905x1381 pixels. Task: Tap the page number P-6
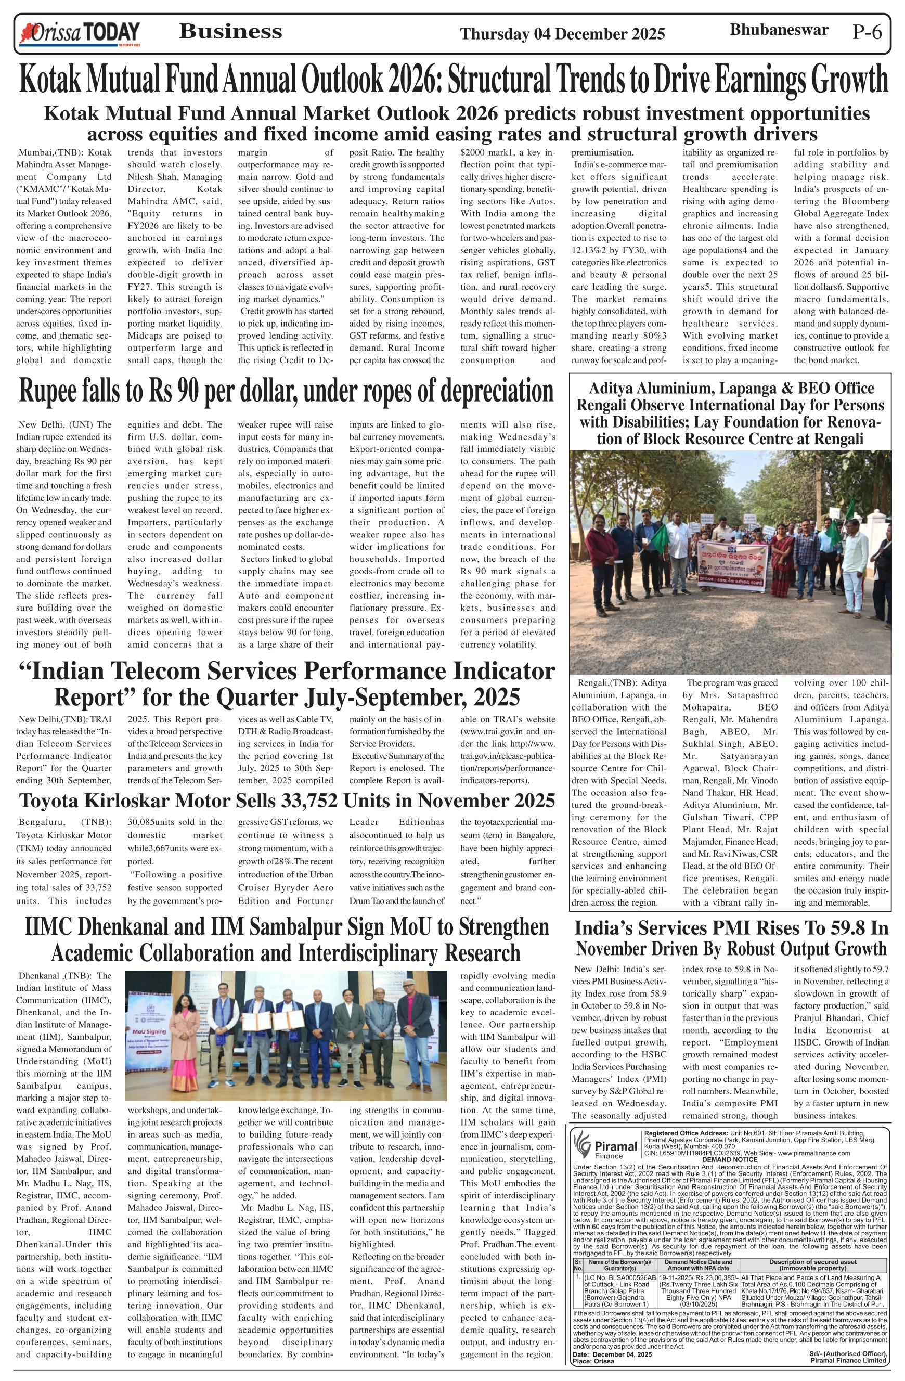click(867, 32)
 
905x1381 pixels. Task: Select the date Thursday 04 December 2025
click(562, 34)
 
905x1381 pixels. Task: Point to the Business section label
click(230, 31)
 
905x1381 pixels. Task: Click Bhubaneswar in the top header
click(779, 30)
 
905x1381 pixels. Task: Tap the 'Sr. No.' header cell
click(577, 1264)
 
